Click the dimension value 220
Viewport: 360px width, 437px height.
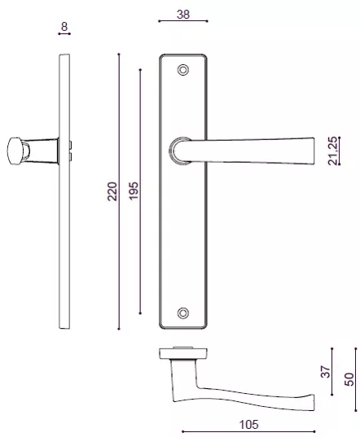112,191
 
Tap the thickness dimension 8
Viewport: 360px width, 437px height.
64,27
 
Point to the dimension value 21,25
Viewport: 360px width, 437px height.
333,151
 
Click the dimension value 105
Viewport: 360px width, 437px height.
248,423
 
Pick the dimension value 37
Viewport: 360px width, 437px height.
325,370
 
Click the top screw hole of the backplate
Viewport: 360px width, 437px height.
183,69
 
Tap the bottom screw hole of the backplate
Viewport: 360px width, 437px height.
183,312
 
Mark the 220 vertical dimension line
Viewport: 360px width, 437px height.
119,191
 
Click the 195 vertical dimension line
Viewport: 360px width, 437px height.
139,191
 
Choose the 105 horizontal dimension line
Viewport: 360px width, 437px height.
248,430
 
